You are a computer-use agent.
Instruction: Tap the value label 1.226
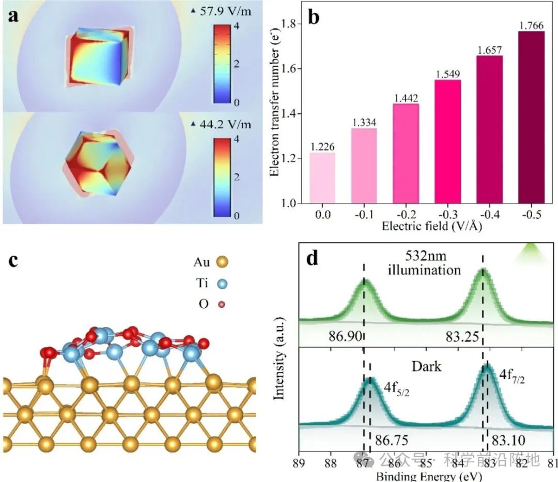(x=322, y=147)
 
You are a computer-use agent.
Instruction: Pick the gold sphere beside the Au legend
(x=222, y=262)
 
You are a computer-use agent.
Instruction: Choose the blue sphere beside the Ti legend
(x=222, y=283)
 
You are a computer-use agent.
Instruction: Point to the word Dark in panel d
(x=426, y=367)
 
